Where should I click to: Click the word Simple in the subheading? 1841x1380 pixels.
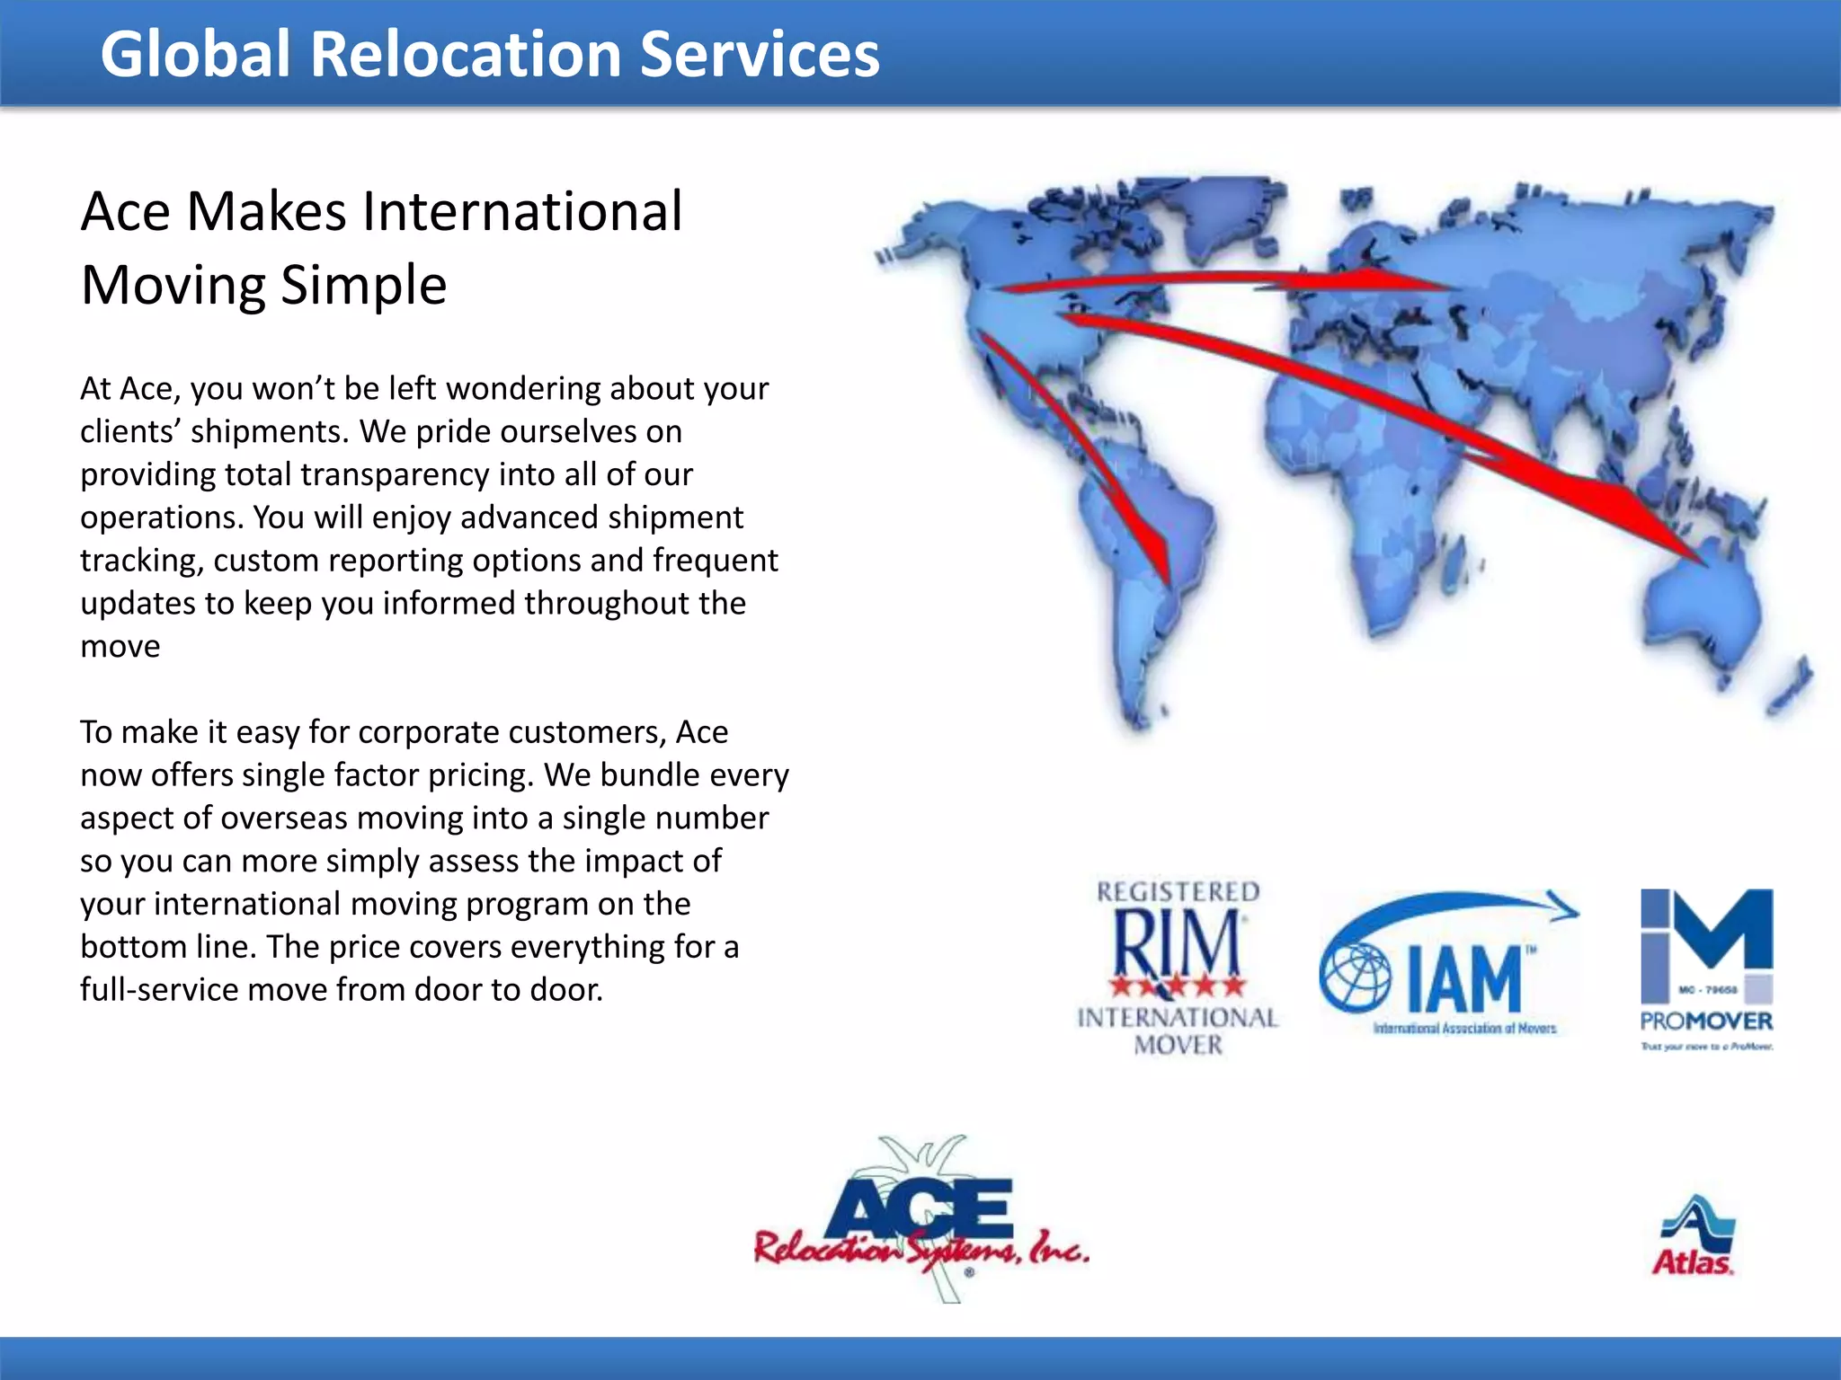(x=363, y=286)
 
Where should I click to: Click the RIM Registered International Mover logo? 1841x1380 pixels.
(x=1178, y=967)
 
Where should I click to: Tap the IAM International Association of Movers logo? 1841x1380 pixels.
(x=1449, y=965)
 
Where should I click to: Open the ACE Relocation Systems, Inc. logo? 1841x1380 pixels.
(x=922, y=1222)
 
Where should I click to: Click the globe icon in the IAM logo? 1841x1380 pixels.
(x=1354, y=977)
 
